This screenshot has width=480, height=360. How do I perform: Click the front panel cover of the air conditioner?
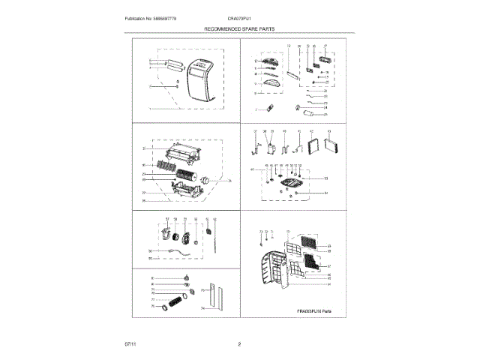[199, 83]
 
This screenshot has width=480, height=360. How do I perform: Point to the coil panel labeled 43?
[327, 144]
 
